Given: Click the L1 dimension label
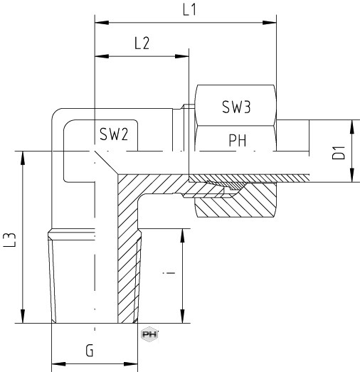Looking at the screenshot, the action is point(190,10).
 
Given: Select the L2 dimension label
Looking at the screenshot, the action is point(142,43).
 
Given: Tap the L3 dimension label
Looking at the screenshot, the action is point(10,240).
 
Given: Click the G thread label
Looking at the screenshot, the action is point(90,351).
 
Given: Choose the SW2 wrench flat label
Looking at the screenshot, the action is point(114,134).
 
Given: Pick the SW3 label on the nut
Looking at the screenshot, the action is point(236,107).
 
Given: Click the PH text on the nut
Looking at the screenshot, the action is point(238,140).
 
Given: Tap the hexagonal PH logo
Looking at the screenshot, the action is point(149,334).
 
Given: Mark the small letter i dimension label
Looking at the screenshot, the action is point(169,273).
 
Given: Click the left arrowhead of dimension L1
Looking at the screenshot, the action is point(102,23).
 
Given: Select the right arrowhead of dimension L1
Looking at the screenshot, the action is point(270,23).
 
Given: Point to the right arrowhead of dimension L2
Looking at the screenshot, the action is point(182,56).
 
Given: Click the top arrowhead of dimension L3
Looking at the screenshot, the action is point(23,158).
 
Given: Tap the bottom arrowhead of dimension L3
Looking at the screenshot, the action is point(23,316).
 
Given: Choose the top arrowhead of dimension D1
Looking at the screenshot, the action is point(352,127).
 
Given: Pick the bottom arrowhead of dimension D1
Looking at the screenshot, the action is point(352,175).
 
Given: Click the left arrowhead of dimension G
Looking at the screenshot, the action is point(58,364).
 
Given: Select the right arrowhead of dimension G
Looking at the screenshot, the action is point(131,364).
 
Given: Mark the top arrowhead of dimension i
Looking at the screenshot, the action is point(182,236).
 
